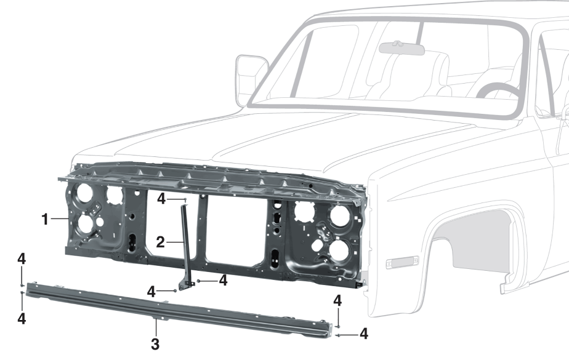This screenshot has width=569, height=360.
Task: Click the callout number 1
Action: coord(45,219)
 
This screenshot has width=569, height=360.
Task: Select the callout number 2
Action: coord(160,242)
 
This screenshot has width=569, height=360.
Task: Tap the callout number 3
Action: coord(155,344)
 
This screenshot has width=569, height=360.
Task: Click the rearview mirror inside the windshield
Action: coord(402,48)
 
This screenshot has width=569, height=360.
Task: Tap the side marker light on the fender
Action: coord(402,262)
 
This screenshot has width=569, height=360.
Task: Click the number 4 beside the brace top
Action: coord(161,199)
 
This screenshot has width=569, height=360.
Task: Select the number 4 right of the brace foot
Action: coord(223,280)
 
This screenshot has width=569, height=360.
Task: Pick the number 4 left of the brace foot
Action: coord(151,292)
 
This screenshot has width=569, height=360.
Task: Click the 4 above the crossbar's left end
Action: coord(22,259)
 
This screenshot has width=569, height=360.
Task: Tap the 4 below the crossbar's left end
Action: coord(22,318)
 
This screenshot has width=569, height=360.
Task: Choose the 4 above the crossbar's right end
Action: coord(337,300)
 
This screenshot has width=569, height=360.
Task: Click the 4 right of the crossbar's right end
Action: coord(364,334)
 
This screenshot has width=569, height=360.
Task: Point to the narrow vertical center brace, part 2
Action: coord(185,243)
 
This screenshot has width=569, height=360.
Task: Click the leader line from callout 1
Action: coord(60,219)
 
